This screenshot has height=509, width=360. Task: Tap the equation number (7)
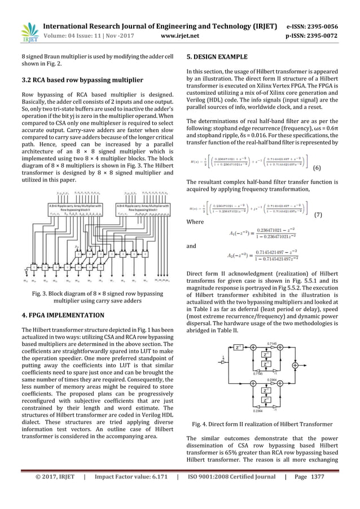[x=318, y=215]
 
